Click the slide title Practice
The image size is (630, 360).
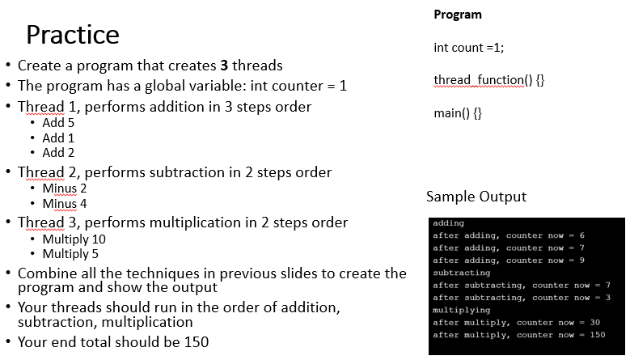[72, 35]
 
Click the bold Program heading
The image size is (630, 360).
[457, 15]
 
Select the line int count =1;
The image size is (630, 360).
[468, 47]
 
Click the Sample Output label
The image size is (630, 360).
[476, 197]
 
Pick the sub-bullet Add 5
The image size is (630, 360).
[58, 123]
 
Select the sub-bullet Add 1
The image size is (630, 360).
[58, 138]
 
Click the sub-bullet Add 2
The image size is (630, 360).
[58, 152]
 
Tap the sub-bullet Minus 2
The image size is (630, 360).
[65, 188]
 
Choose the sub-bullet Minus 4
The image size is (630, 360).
[65, 203]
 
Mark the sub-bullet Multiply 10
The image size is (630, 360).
[74, 239]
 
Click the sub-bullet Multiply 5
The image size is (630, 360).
[70, 254]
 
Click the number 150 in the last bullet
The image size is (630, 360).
[195, 342]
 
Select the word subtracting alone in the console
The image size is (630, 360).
[462, 273]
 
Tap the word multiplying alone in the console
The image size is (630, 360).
[462, 310]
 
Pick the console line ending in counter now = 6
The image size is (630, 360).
[509, 235]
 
